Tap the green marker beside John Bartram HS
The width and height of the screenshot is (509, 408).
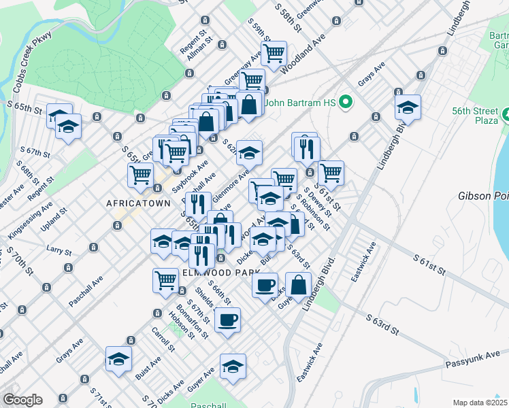pos(346,103)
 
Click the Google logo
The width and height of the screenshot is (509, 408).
pos(22,400)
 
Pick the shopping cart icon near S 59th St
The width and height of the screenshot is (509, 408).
pos(274,53)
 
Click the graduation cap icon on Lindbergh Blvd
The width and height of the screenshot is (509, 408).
pos(408,107)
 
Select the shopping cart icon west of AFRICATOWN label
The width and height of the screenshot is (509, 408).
pos(141,174)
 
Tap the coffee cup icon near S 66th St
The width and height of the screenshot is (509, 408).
pos(227,318)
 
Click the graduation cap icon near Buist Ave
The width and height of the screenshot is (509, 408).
pos(118,358)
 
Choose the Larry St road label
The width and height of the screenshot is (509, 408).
pos(59,251)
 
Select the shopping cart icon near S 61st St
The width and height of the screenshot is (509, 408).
pos(331,172)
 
